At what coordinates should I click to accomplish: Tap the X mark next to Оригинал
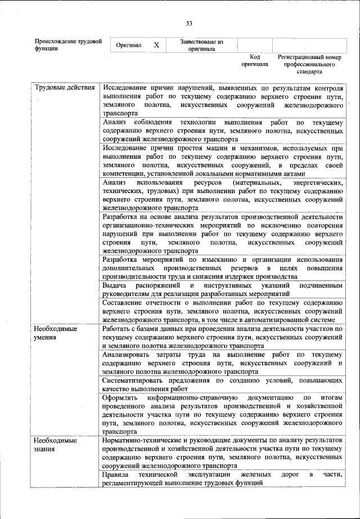(x=156, y=45)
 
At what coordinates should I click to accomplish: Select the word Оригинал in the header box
(x=129, y=45)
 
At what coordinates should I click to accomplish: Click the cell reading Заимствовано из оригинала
(x=201, y=45)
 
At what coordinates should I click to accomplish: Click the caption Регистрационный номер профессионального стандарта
(x=310, y=65)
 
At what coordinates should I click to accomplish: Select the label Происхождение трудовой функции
(x=68, y=45)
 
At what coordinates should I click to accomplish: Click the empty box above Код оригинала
(x=255, y=45)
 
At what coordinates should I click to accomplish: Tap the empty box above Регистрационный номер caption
(x=309, y=45)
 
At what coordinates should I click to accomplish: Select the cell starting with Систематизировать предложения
(x=223, y=386)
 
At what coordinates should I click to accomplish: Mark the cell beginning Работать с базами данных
(x=223, y=337)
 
